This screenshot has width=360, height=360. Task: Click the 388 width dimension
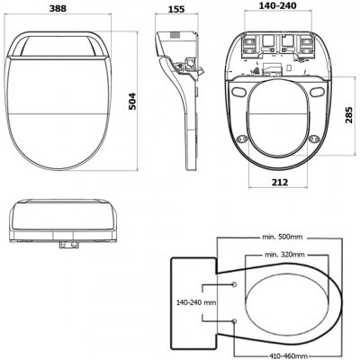click(x=58, y=8)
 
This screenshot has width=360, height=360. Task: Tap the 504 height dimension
click(x=132, y=102)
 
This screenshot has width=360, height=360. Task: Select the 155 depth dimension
click(x=175, y=9)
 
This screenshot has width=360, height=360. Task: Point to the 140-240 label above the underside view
click(x=279, y=5)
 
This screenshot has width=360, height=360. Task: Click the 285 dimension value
click(x=349, y=115)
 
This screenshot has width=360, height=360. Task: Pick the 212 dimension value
click(x=279, y=182)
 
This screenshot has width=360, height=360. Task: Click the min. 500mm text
click(x=283, y=237)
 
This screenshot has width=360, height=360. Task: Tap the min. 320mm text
click(x=284, y=255)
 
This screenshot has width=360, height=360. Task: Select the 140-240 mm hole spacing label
click(x=196, y=302)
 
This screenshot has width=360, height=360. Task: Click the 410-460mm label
click(x=288, y=356)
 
